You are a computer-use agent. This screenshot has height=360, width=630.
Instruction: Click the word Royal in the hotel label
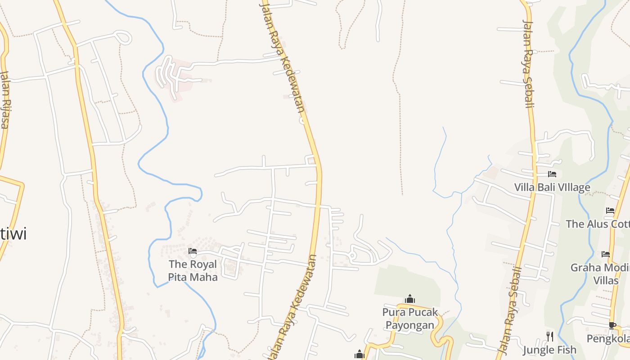click(203, 264)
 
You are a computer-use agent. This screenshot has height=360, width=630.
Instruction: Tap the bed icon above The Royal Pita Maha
click(193, 251)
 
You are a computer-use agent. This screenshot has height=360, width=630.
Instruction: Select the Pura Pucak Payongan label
click(409, 318)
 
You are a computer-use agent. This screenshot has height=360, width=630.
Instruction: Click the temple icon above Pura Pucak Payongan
click(409, 299)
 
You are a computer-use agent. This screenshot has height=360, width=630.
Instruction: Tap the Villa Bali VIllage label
click(552, 187)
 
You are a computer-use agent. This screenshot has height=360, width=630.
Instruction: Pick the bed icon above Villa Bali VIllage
click(552, 174)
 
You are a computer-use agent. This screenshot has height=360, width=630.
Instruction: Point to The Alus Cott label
click(598, 224)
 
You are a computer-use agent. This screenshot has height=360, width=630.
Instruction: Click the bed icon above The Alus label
click(610, 211)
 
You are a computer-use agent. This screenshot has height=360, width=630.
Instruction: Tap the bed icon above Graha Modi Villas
click(606, 255)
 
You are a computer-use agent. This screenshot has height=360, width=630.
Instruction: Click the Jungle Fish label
click(549, 350)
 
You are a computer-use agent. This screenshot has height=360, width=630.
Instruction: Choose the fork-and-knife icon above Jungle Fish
click(549, 336)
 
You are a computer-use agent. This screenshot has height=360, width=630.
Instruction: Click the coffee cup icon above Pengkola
click(612, 325)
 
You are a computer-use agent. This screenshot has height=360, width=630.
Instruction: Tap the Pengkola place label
click(608, 338)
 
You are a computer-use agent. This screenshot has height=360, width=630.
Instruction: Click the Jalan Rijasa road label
click(4, 99)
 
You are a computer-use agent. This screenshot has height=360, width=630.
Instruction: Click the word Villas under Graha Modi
click(606, 280)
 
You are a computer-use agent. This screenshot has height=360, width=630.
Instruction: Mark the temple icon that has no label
click(359, 355)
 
